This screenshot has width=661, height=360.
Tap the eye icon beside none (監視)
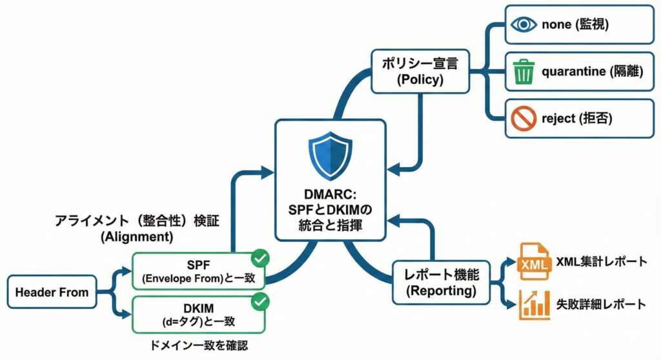coord(524,25)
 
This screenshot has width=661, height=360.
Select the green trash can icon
coord(524,72)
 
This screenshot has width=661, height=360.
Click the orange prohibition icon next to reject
coord(524,117)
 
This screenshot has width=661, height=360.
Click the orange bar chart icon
coord(532,304)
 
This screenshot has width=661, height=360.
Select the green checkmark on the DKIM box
coord(261,301)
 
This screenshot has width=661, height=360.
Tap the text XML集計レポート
coord(602,263)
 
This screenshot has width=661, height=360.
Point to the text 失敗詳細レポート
coord(602,304)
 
